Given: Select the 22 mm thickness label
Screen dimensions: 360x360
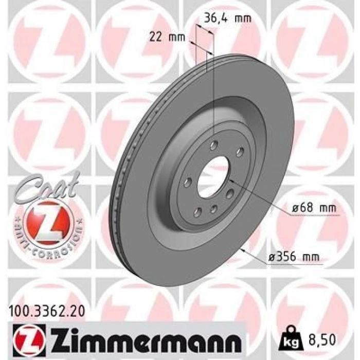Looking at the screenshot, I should (167, 37).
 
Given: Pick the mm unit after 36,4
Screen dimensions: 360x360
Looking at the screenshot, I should (243, 19).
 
